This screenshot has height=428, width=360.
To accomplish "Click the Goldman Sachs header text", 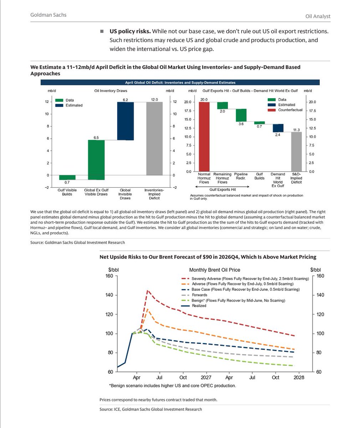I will (48, 15).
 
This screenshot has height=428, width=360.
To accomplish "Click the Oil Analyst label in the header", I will (318, 16).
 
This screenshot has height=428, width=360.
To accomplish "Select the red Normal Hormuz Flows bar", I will (204, 137).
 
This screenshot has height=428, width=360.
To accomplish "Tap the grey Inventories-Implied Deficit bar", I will (154, 138).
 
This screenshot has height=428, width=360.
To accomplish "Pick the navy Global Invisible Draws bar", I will (125, 121).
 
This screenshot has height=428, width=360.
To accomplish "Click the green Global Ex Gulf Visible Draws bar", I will (96, 159).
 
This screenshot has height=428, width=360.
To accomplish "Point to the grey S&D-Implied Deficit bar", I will (296, 152).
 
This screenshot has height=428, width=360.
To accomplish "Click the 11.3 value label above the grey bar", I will (296, 130).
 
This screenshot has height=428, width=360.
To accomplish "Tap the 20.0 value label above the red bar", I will (204, 100).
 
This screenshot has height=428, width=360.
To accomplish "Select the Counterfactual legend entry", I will (290, 110).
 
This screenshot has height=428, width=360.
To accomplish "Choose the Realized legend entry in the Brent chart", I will (199, 306).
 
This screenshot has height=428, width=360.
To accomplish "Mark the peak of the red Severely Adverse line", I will (148, 291).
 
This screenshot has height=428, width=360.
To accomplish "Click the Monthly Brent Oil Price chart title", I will (215, 270).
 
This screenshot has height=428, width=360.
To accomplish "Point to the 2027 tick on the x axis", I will (206, 377).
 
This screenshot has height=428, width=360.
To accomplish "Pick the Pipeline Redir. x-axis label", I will (241, 176).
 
